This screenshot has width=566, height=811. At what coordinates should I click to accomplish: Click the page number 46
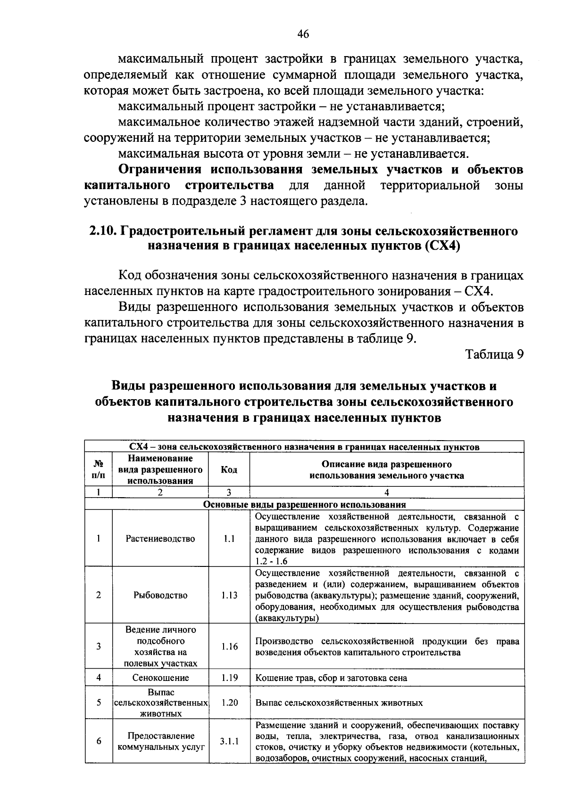click(x=303, y=34)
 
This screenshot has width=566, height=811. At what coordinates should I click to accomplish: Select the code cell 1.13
click(x=229, y=595)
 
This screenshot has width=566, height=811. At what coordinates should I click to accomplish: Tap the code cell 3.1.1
click(x=229, y=741)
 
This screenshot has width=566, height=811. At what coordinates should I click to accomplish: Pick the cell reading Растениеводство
click(x=160, y=539)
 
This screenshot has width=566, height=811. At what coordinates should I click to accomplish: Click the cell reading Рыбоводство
click(x=160, y=595)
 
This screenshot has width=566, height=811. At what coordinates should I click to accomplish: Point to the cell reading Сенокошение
click(x=160, y=678)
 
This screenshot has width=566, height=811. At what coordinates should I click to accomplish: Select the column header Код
click(x=229, y=470)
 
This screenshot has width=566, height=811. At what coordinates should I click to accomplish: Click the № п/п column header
click(x=99, y=470)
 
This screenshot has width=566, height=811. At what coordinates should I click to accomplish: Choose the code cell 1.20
click(x=229, y=703)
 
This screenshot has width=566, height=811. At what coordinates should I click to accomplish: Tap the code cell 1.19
click(x=229, y=678)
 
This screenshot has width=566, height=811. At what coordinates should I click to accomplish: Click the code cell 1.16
click(x=229, y=647)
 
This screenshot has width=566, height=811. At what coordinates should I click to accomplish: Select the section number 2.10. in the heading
click(x=103, y=231)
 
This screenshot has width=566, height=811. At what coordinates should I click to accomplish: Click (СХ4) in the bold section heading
click(x=441, y=246)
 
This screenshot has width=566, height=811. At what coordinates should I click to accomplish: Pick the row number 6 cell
click(x=99, y=741)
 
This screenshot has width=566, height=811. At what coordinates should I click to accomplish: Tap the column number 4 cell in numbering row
click(x=387, y=493)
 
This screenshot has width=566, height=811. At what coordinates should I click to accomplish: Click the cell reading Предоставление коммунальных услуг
click(x=160, y=741)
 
